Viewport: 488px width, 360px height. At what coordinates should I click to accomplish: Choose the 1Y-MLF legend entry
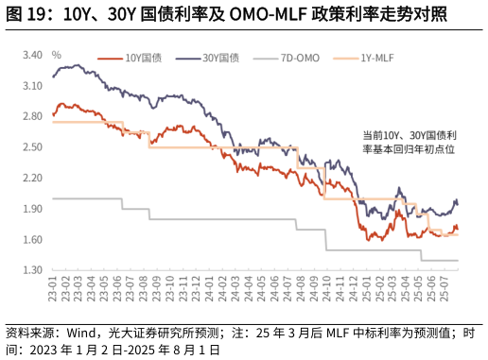377,59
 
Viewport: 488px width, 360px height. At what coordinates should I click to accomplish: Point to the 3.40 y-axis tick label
33,55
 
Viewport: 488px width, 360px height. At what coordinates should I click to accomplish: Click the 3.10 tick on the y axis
33,86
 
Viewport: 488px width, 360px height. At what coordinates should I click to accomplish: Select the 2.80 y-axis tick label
33,116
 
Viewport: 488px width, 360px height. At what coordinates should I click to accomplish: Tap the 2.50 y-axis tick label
33,147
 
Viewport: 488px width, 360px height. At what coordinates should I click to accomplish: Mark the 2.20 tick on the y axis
33,178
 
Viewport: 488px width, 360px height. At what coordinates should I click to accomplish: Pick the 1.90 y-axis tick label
33,209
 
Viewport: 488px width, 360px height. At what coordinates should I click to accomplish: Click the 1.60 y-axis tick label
33,240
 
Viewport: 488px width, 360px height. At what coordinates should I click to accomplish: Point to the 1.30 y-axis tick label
33,270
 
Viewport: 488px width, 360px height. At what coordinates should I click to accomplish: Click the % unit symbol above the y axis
56,55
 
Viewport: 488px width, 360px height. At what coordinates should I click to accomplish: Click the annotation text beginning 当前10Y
404,142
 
